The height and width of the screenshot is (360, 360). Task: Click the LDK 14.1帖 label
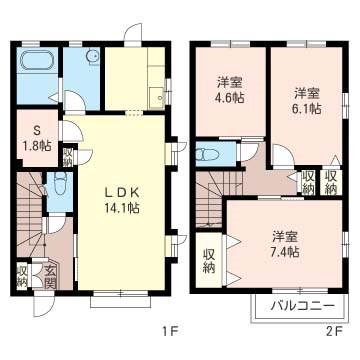coord(122,200)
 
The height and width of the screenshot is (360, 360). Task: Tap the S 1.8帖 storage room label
coord(37,139)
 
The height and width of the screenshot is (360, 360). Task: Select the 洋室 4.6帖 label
coord(230,90)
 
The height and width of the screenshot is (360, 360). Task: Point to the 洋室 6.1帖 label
coord(308,101)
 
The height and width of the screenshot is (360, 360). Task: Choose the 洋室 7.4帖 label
coord(285,244)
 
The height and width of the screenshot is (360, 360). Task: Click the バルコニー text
coord(302,305)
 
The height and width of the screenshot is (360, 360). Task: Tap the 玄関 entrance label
coord(49,276)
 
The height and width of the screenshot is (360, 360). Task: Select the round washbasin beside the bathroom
coord(93,56)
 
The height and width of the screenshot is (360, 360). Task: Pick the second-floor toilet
coord(207,154)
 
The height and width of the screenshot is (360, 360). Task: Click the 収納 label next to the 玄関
coord(22,277)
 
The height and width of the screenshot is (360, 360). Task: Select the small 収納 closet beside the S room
coord(68,157)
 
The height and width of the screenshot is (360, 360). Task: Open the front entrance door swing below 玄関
coord(44,305)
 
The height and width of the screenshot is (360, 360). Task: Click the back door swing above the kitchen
coord(133,32)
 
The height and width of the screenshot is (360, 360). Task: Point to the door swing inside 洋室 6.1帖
coord(284,155)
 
